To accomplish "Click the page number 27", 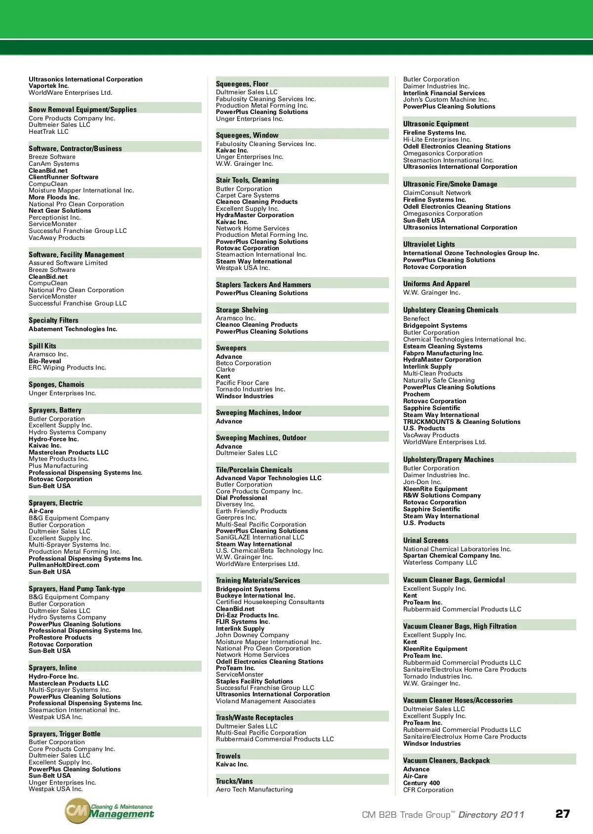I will point(562,814).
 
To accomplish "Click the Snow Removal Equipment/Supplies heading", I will point(83,110).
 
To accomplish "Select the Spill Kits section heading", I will point(42,346).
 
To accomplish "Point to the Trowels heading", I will point(228,756).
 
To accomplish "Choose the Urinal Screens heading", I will point(426,540).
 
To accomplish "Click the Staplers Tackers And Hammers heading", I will point(263,285).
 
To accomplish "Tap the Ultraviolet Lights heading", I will point(429,244).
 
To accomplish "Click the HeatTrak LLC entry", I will point(48,132).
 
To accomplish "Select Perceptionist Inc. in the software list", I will point(55,218).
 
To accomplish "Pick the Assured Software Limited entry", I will point(68,263).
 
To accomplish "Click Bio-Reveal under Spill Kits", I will point(45,361).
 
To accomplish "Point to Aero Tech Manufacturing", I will point(254,790).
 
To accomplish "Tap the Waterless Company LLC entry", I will point(440,563).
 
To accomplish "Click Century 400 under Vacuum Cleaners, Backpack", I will point(422,783).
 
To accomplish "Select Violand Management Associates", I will point(266,701).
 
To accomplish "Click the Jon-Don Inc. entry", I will point(423,482).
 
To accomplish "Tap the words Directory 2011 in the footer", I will point(491,815).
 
